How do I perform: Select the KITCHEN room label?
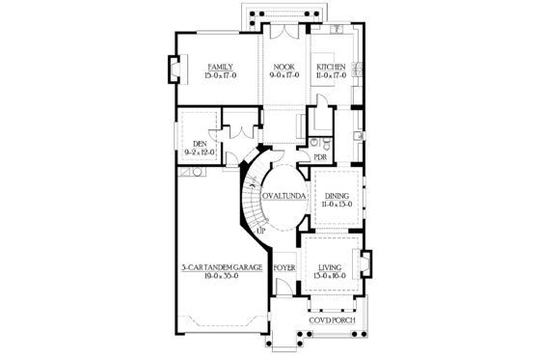pos(331,67)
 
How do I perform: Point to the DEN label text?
pos(200,143)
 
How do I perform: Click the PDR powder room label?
pos(320,156)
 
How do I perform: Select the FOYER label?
pos(283,264)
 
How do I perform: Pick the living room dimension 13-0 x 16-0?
pos(331,274)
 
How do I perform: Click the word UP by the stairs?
pos(259,230)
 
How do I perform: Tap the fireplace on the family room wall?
pos(173,73)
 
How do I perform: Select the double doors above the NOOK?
pos(285,32)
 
